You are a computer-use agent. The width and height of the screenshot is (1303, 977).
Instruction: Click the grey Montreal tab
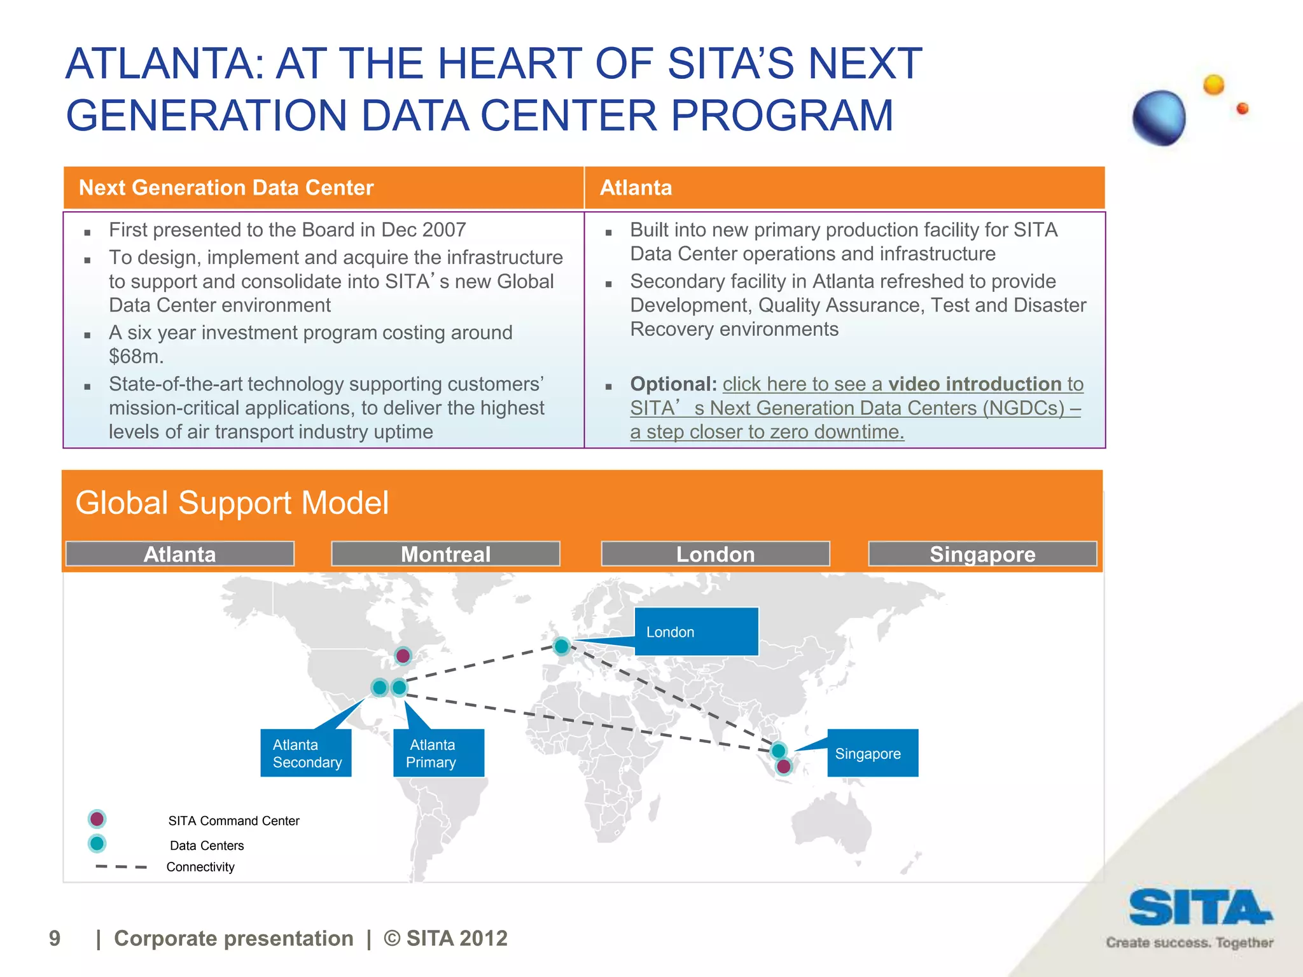point(445,554)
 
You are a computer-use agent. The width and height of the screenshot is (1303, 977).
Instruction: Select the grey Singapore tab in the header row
point(982,554)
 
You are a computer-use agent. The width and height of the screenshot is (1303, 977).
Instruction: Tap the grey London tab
point(715,554)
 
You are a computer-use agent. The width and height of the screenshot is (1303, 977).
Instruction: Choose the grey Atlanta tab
point(180,554)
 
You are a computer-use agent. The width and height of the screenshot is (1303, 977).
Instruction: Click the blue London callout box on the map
point(696,632)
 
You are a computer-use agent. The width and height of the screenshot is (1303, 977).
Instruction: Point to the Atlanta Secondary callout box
point(306,753)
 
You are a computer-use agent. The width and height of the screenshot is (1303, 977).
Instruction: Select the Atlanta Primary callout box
point(438,753)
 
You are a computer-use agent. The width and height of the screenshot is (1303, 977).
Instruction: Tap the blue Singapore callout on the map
point(872,753)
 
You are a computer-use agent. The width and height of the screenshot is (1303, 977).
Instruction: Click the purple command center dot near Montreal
point(403,656)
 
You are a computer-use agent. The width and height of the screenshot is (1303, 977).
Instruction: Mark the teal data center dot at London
point(561,647)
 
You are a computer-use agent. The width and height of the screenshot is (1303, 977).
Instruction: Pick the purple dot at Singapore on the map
point(784,766)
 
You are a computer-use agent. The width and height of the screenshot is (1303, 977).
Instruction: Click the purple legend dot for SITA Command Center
point(97,819)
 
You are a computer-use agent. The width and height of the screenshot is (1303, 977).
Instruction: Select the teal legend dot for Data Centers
point(97,843)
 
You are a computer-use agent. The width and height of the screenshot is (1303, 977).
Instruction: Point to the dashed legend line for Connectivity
point(121,867)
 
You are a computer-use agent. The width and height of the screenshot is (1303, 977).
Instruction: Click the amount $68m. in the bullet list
point(136,356)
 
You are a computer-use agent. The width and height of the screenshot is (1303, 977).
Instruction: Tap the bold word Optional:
point(673,384)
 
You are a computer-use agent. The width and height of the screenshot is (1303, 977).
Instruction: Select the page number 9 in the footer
point(55,938)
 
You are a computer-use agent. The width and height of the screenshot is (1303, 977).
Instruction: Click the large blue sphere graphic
point(1159,118)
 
